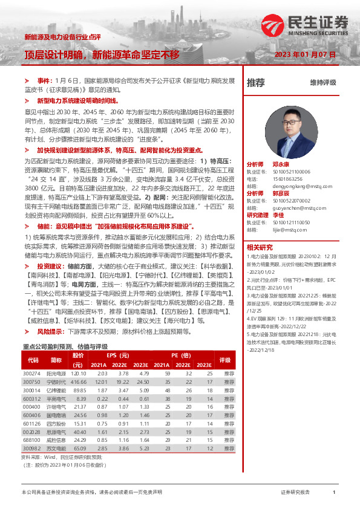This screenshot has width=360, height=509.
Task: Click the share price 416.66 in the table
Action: click(79, 383)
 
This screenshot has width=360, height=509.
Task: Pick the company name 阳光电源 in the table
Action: click(56, 375)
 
